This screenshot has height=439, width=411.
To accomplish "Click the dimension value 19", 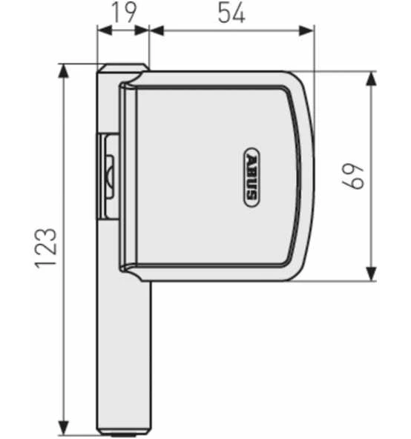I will tap(123, 14).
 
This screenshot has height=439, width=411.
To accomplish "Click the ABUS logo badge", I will tap(251, 178).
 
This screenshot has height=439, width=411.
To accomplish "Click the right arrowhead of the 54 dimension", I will tap(309, 31).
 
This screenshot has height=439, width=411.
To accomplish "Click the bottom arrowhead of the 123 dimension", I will tap(65, 429).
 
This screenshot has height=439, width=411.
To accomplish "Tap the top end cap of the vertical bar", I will tap(119, 68).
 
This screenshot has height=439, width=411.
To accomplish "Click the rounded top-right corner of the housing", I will tap(300, 83).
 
